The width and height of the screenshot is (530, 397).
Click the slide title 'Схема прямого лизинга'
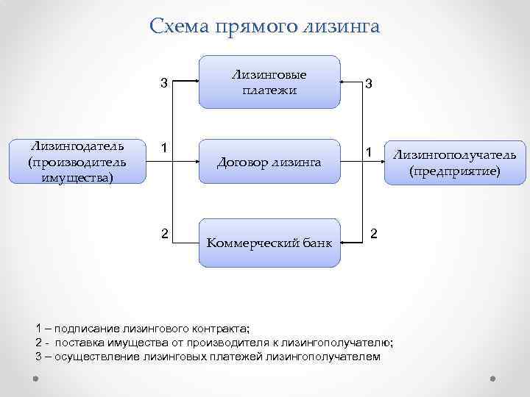(264, 27)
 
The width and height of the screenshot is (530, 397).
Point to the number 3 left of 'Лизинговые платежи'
(166, 84)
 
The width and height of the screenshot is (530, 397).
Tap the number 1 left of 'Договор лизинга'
(166, 148)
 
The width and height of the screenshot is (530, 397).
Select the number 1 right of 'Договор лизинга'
(372, 151)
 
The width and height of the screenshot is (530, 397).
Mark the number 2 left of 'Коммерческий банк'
(166, 234)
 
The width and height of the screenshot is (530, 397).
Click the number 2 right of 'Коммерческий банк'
(374, 234)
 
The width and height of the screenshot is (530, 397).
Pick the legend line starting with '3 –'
(208, 357)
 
